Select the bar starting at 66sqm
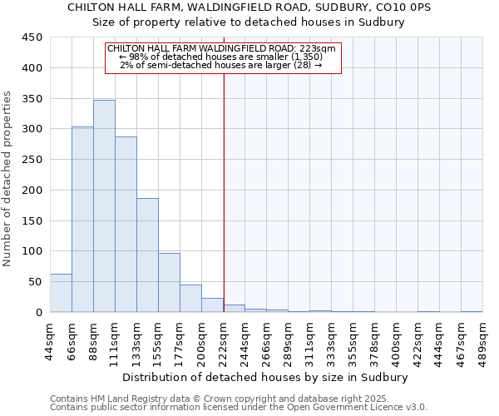(82, 220)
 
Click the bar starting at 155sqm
(169, 283)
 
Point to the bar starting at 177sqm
(190, 299)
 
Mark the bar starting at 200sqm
(212, 305)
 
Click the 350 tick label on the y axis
(32, 99)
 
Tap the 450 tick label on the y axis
(32, 37)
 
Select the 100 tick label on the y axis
(32, 251)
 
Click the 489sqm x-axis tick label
(482, 339)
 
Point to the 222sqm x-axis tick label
(223, 339)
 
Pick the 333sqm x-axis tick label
(331, 339)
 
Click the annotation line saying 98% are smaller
(223, 57)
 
